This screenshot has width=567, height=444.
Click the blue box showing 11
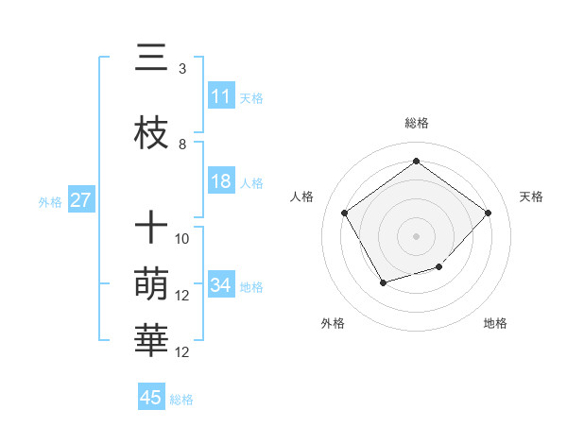[x=221, y=96]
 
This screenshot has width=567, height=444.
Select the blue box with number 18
[x=221, y=182]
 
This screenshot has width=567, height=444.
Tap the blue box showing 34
[x=221, y=285]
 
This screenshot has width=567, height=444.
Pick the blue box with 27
[x=81, y=200]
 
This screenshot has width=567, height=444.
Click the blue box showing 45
[x=151, y=398]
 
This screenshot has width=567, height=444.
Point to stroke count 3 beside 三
[x=182, y=68]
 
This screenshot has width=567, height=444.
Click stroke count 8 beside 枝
[x=182, y=145]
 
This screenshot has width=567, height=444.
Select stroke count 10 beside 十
[x=182, y=238]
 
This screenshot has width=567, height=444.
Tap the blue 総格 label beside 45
[x=181, y=399]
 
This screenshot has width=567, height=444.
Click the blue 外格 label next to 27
[x=50, y=201]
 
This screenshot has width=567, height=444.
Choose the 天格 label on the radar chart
[x=531, y=196]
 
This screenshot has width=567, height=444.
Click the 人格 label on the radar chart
[x=302, y=196]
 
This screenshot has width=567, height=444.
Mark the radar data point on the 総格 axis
[x=416, y=161]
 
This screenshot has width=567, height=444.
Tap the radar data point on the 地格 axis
[x=438, y=267]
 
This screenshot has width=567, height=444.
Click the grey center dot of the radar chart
[x=416, y=235]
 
